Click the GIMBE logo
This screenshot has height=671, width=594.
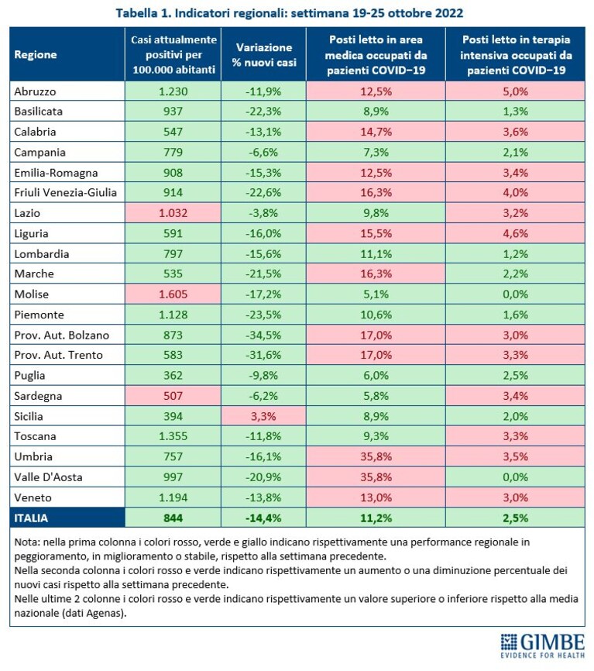click(542, 645)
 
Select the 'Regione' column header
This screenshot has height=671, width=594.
click(36, 54)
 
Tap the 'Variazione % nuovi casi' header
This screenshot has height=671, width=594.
click(264, 55)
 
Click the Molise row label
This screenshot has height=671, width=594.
click(31, 294)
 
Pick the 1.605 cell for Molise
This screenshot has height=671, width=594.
click(173, 294)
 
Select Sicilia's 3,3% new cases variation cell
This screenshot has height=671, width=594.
click(263, 416)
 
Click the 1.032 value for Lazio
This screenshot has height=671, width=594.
click(173, 212)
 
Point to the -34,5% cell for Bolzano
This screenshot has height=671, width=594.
click(263, 335)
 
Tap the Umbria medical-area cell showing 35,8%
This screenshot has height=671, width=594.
click(376, 456)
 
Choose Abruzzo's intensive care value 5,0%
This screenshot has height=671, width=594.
click(515, 91)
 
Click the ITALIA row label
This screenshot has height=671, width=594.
click(31, 518)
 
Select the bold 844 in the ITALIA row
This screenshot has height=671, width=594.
click(173, 518)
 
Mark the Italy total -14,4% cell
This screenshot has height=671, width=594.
click(263, 518)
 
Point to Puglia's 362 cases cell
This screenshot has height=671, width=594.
click(173, 375)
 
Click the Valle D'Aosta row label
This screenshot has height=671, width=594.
click(48, 477)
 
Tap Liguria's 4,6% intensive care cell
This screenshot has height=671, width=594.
click(515, 233)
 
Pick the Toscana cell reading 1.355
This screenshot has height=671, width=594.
click(173, 436)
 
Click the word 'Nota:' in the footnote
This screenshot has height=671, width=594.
click(27, 542)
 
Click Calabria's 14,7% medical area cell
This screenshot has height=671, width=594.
click(376, 132)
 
